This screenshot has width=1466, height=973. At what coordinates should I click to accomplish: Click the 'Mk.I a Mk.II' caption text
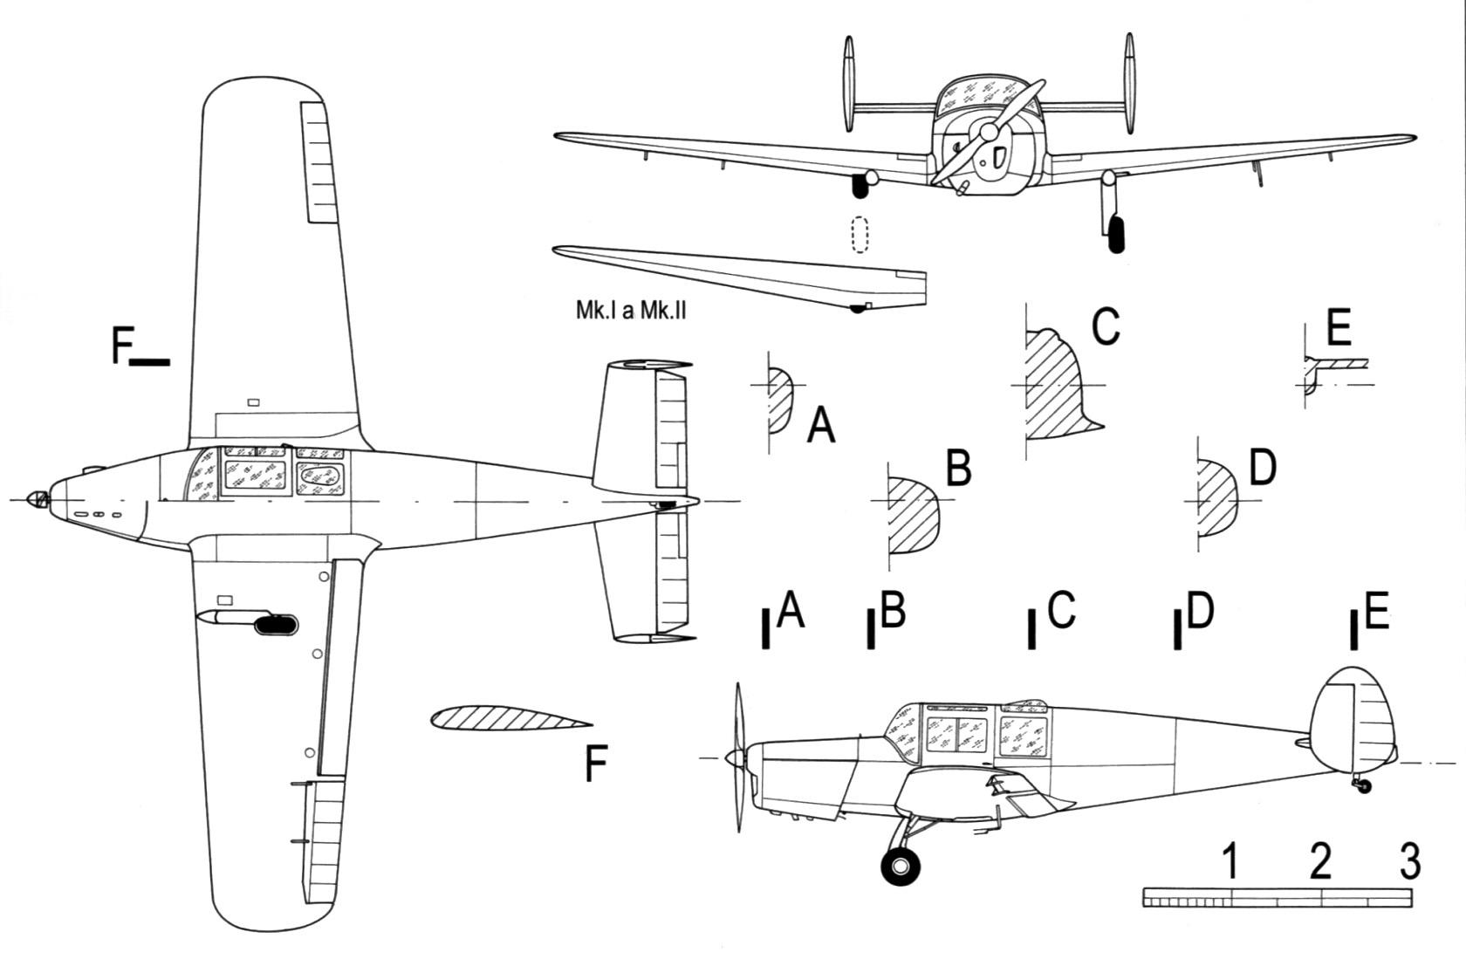coord(631,310)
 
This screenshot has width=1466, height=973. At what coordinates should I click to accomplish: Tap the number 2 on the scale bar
coord(1321,861)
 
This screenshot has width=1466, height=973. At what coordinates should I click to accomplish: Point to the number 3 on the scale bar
coord(1410,861)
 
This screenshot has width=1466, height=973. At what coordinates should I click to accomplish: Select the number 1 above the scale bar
coord(1231,861)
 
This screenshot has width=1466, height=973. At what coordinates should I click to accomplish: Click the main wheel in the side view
coord(901,867)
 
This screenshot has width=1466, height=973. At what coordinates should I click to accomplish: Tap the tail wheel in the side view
coord(1364,786)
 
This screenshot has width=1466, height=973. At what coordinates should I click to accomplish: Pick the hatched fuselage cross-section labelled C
coord(1064,384)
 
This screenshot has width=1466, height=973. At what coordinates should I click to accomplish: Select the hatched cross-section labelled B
coord(914,515)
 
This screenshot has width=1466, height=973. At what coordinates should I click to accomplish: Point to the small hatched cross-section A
coord(780,401)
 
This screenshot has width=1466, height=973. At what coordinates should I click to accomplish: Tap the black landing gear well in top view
coord(276,625)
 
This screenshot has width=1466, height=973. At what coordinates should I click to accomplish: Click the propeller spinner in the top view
coord(38,500)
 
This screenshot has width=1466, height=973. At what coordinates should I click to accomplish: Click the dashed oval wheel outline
coord(860,235)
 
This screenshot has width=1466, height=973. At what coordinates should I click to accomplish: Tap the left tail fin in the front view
coord(849,85)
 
